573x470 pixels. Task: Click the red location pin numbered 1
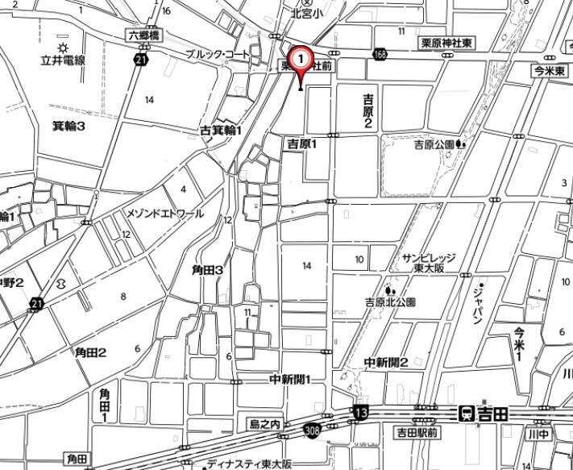click(x=301, y=60)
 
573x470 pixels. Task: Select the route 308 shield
click(x=313, y=431)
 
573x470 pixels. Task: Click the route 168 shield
click(x=379, y=54)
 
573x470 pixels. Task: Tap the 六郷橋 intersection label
click(x=143, y=35)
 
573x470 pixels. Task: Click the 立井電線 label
click(x=63, y=60)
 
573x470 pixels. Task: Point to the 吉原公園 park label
click(x=435, y=144)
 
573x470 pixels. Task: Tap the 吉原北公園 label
click(x=390, y=302)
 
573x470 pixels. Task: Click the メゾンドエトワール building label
click(x=165, y=214)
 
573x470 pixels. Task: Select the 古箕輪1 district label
click(x=221, y=130)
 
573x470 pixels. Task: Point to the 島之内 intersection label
click(x=264, y=424)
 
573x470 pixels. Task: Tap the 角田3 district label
click(x=207, y=271)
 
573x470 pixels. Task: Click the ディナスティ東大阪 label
click(x=249, y=464)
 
